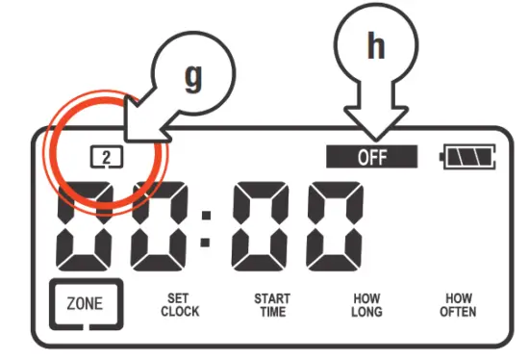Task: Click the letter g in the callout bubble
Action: [194, 79]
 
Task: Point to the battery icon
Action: [468, 157]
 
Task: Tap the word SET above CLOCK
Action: [180, 298]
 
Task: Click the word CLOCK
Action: [180, 312]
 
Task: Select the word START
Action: [272, 298]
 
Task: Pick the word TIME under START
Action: [272, 312]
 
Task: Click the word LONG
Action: [366, 312]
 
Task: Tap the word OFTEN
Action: [458, 312]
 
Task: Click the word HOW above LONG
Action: [366, 298]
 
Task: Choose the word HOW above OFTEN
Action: [458, 298]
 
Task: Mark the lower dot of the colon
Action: [205, 242]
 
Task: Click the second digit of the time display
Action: [159, 225]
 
